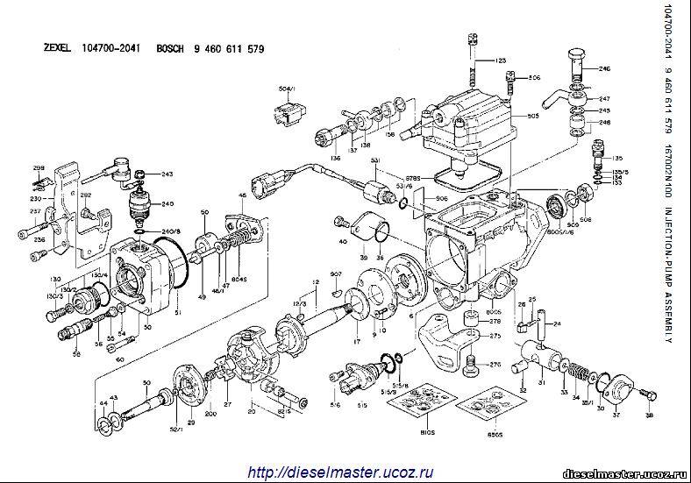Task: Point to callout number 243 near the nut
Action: tap(167, 174)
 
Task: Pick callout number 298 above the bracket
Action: tap(39, 167)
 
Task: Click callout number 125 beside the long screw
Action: tap(501, 60)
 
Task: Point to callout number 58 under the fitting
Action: tap(77, 353)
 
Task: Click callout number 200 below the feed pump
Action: tap(210, 412)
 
